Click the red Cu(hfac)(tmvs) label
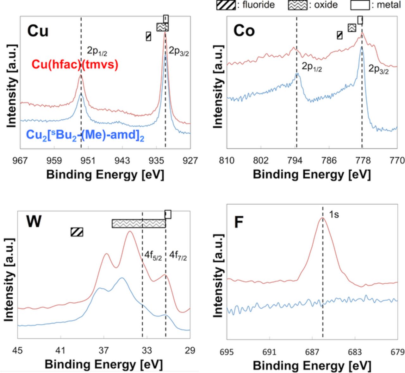pos(75,65)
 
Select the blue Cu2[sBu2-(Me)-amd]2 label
pos(85,135)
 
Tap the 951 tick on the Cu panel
pos(88,161)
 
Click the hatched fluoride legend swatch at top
pos(226,5)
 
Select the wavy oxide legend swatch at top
pos(297,5)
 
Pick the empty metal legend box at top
pos(360,5)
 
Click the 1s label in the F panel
pos(333,215)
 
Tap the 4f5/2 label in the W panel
pos(153,256)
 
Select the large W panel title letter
pos(34,222)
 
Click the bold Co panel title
pos(244,31)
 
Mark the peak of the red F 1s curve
pos(322,218)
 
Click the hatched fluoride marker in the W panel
pos(77,232)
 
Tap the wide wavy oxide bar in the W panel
pos(139,224)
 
